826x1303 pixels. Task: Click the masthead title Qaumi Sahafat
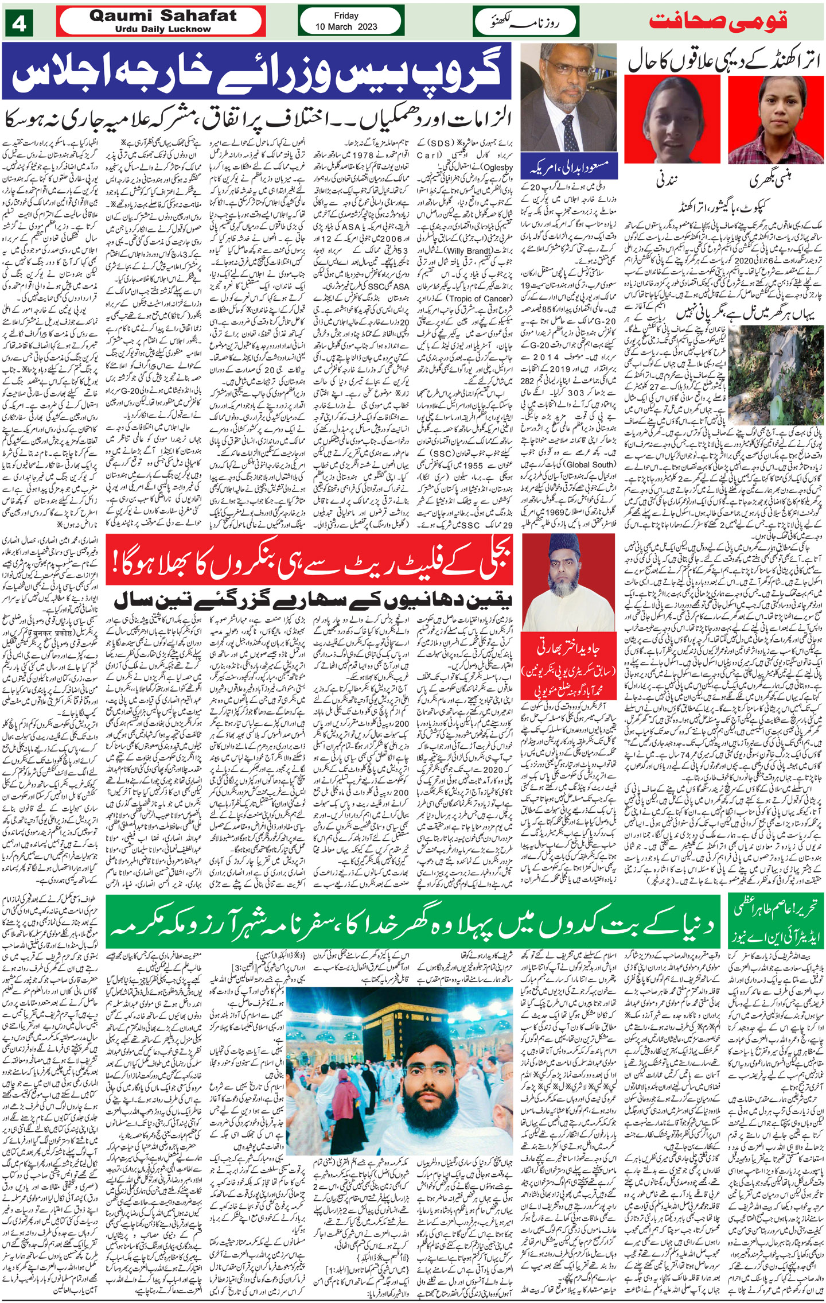pos(162,15)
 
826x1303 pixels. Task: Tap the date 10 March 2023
pos(346,26)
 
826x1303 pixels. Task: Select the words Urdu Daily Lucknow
pos(162,29)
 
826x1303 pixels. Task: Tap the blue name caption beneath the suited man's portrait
pos(568,167)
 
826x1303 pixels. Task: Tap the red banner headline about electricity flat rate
pos(313,565)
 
